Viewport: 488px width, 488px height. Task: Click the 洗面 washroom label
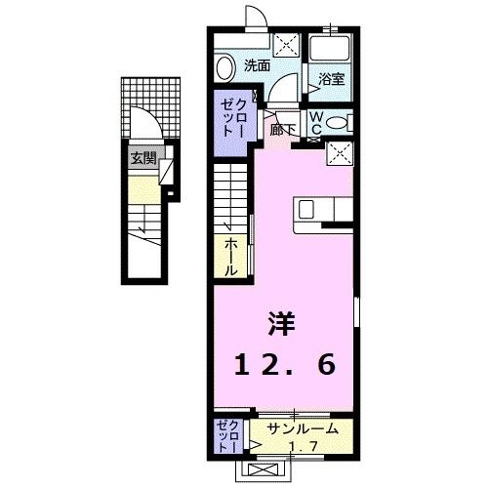257,66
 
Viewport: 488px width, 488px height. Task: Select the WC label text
317,122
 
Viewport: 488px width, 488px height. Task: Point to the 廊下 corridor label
283,128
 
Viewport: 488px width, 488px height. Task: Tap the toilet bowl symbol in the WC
337,122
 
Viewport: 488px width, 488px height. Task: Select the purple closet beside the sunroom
225,435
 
